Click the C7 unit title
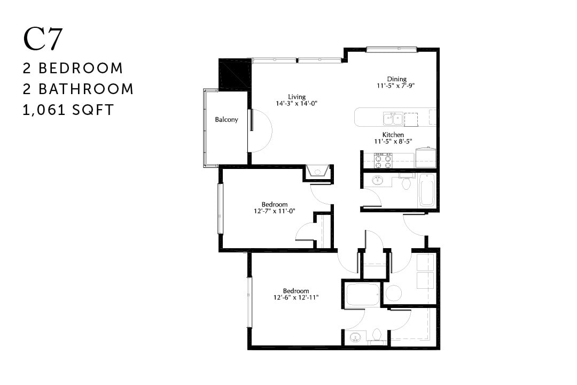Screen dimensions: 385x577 click(43, 40)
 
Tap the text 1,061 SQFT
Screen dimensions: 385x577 click(68, 110)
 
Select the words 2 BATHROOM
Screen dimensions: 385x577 click(78, 89)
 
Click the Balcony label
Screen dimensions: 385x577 click(227, 120)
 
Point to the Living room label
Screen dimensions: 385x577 click(297, 97)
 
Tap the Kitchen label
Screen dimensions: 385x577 click(393, 135)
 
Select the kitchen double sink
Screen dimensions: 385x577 click(393, 118)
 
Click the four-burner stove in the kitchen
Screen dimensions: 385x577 click(383, 160)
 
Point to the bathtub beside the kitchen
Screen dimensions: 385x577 click(427, 190)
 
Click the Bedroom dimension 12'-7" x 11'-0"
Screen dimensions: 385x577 click(275, 211)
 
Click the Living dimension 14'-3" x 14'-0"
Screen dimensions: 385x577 click(297, 104)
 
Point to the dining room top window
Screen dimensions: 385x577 click(391, 50)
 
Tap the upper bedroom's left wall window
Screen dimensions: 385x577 click(220, 208)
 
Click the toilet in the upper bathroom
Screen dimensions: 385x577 click(406, 183)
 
